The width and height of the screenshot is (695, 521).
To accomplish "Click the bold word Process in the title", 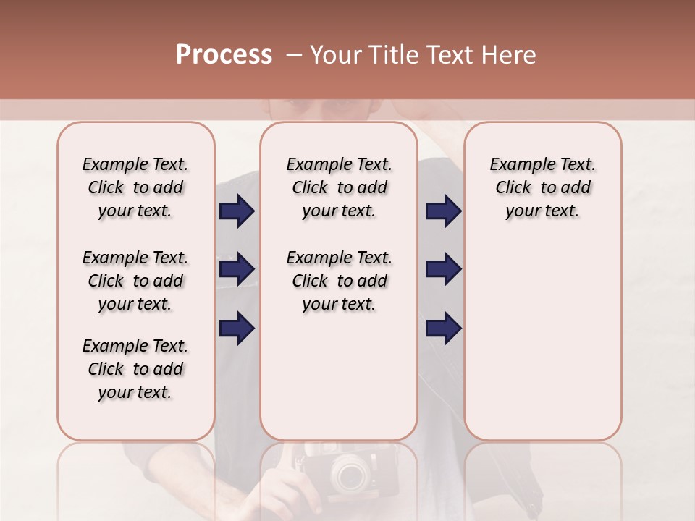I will tap(224, 55).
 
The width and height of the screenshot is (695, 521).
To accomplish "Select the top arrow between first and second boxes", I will tap(237, 211).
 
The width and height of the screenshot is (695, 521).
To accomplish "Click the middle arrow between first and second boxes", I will tap(237, 270).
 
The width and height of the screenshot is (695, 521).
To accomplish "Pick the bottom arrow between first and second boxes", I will tap(237, 328).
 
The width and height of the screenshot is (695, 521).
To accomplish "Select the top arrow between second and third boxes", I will tap(443, 211).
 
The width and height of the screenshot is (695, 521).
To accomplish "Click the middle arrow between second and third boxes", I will tap(443, 270).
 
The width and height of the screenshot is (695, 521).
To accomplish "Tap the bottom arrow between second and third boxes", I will tap(443, 328).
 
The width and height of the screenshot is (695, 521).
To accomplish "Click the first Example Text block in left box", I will tap(135, 187).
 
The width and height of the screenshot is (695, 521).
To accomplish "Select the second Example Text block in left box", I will tap(135, 281).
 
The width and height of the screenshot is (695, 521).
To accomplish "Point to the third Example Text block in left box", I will tap(135, 369).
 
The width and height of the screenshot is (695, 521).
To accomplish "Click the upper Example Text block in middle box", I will tap(339, 187).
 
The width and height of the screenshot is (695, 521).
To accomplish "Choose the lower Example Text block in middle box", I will tap(339, 281).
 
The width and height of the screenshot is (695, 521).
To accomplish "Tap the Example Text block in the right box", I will tap(542, 187).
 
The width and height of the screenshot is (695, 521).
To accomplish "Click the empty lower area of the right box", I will tap(542, 347).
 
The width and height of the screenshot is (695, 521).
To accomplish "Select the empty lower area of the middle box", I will tap(339, 376).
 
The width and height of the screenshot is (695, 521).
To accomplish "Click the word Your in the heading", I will tap(336, 55).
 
